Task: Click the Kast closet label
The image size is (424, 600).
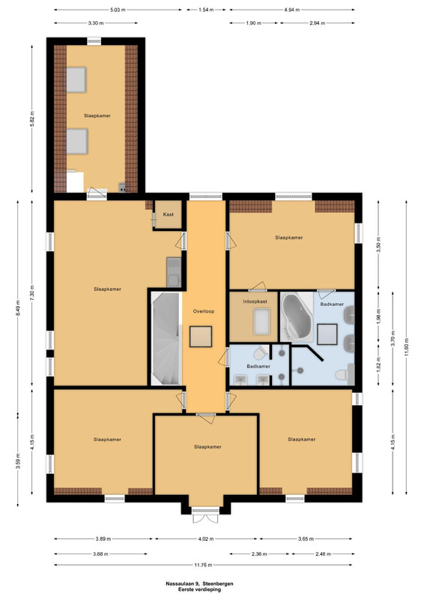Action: pyautogui.click(x=169, y=214)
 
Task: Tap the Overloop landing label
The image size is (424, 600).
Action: pyautogui.click(x=204, y=311)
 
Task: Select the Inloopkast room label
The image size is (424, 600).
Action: pyautogui.click(x=255, y=301)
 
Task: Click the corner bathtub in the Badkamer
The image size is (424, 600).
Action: pyautogui.click(x=297, y=316)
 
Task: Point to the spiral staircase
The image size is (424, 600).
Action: pyautogui.click(x=166, y=339)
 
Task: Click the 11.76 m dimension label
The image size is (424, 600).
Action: pyautogui.click(x=203, y=565)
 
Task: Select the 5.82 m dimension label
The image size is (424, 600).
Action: pyautogui.click(x=32, y=119)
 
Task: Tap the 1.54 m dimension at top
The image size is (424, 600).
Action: pyautogui.click(x=206, y=10)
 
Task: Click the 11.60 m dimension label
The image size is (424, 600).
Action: pyautogui.click(x=406, y=347)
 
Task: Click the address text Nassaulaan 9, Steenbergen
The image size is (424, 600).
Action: pyautogui.click(x=199, y=584)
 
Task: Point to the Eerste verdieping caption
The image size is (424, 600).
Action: pyautogui.click(x=199, y=589)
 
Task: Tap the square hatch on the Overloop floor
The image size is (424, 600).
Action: pyautogui.click(x=201, y=336)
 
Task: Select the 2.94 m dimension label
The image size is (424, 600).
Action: pyautogui.click(x=318, y=23)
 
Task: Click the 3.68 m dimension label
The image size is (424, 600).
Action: pyautogui.click(x=100, y=553)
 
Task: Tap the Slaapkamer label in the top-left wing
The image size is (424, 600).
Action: pyautogui.click(x=97, y=115)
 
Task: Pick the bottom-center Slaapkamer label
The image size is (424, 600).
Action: pyautogui.click(x=208, y=447)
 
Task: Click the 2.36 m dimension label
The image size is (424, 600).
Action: pyautogui.click(x=259, y=553)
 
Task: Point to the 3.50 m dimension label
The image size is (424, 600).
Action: pyautogui.click(x=378, y=244)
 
